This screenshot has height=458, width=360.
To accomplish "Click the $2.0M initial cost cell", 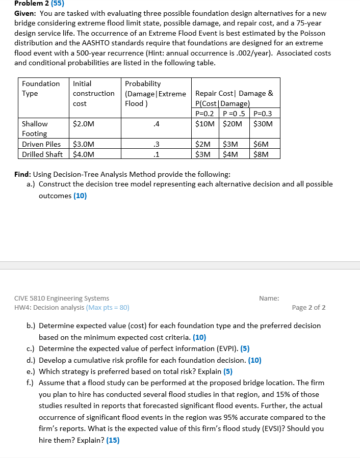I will tap(83, 124).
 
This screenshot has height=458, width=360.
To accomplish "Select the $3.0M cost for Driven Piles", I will tap(83, 144).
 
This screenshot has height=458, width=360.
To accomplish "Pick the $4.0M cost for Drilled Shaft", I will tap(83, 154).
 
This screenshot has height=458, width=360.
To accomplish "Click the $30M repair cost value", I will tap(263, 124).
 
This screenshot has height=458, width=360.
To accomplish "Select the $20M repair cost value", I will tap(233, 124).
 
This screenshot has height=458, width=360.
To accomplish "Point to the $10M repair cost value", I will tap(204, 124).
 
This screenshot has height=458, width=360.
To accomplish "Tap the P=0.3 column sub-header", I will tap(263, 114).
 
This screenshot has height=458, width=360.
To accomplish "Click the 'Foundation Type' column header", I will tap(41, 88).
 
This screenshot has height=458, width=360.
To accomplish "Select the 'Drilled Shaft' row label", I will tap(42, 154).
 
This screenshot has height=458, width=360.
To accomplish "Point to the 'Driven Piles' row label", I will tap(41, 144).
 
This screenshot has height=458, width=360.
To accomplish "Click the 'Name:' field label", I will tap(269, 298).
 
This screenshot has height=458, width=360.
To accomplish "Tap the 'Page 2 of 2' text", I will tap(308, 307).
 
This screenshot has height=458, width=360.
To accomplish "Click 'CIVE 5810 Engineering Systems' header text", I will tap(62, 298).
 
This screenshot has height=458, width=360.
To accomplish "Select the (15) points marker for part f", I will tap(113, 441).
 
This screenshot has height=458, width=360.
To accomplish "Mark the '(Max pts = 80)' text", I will tap(108, 307).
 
